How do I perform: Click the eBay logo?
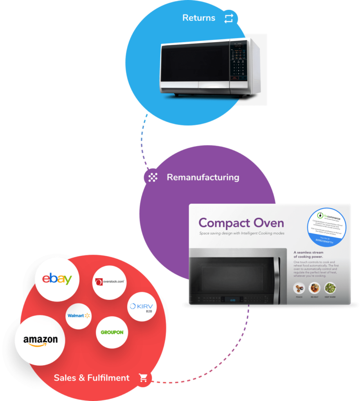(x=57, y=279)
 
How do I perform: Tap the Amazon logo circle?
(x=40, y=340)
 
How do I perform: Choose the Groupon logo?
(x=112, y=332)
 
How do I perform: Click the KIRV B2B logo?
(x=142, y=307)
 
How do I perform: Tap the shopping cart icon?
(x=144, y=378)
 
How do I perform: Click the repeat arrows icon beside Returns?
(x=229, y=18)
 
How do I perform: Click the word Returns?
(x=199, y=18)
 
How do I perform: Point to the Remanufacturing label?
(x=203, y=177)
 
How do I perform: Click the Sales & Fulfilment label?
(x=92, y=378)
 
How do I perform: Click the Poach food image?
(x=299, y=289)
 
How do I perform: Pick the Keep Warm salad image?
(x=330, y=289)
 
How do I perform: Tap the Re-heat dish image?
(x=315, y=289)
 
